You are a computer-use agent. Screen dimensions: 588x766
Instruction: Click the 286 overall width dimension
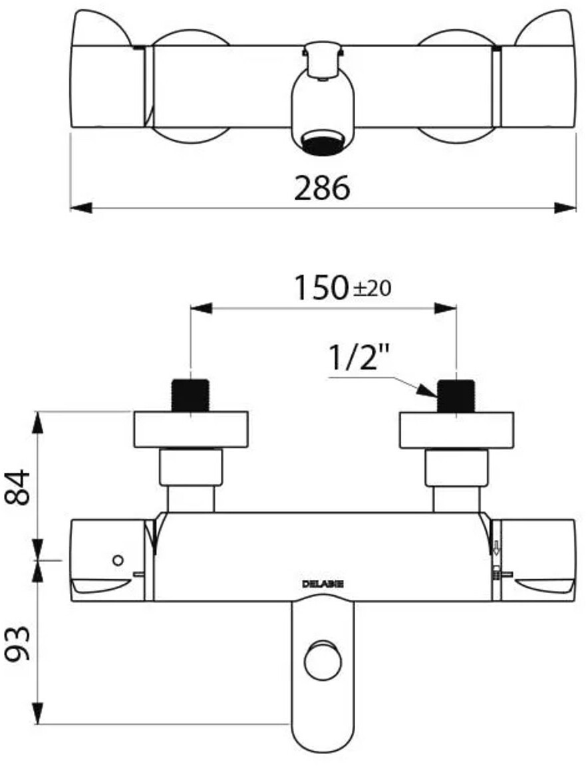pyautogui.click(x=322, y=188)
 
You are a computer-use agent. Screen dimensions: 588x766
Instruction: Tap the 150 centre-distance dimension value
pyautogui.click(x=320, y=288)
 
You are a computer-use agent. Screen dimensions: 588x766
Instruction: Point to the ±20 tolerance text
pyautogui.click(x=371, y=290)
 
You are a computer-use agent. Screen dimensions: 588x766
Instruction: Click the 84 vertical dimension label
pyautogui.click(x=18, y=487)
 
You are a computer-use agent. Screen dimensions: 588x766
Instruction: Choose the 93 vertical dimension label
pyautogui.click(x=18, y=644)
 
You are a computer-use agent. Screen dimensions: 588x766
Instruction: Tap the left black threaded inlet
pyautogui.click(x=190, y=395)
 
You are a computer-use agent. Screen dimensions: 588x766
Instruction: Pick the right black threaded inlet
pyautogui.click(x=456, y=395)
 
